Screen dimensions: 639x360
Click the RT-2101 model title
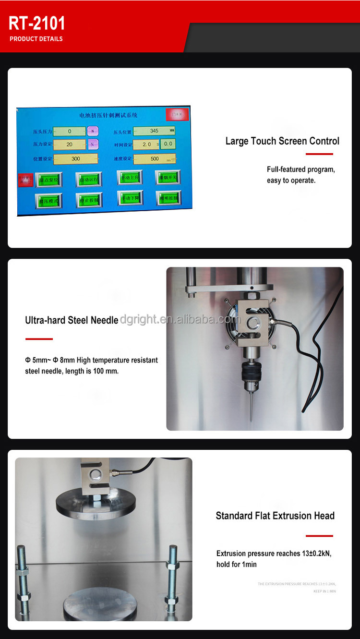click(x=37, y=23)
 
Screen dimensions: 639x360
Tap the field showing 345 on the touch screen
click(x=154, y=131)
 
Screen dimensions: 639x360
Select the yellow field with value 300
click(x=75, y=158)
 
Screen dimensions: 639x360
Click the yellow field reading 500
click(x=154, y=158)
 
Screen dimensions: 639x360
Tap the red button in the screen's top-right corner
click(x=177, y=114)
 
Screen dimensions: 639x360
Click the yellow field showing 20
click(x=69, y=145)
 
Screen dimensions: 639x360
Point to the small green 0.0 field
click(x=168, y=144)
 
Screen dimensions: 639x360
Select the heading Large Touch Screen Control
click(x=282, y=141)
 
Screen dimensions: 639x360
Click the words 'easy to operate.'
click(x=291, y=181)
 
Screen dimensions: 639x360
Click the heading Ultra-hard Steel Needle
click(x=72, y=320)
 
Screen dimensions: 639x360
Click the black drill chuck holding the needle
click(x=251, y=372)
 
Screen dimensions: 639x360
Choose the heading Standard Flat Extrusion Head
click(x=275, y=516)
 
